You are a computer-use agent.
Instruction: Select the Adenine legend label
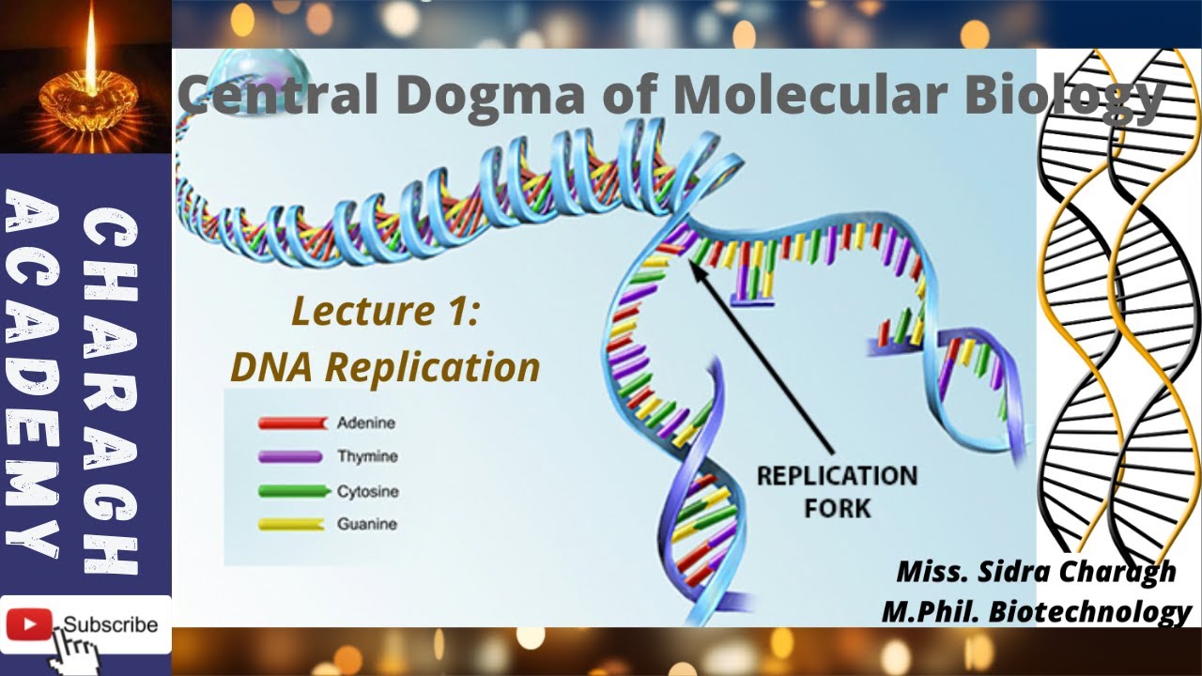[x=366, y=423]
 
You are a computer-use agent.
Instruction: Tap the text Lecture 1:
[x=386, y=311]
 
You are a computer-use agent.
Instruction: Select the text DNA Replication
[x=385, y=367]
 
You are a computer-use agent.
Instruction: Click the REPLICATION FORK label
[x=836, y=491]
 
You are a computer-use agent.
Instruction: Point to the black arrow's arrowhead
[x=696, y=267]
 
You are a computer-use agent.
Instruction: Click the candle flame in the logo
[x=90, y=47]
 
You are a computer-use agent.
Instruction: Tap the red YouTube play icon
[x=28, y=624]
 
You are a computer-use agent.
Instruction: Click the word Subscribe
[x=111, y=624]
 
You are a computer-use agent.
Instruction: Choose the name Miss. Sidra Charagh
[x=1036, y=572]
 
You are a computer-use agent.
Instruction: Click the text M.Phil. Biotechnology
[x=1036, y=611]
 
